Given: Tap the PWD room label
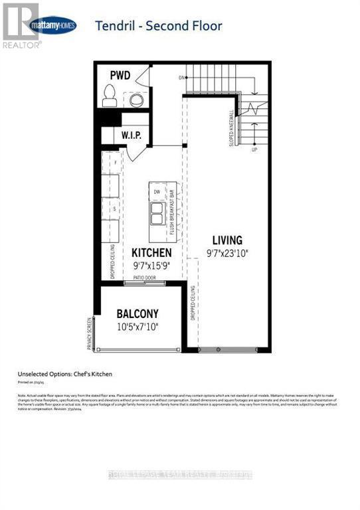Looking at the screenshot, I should (120, 76).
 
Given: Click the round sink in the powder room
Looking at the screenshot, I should (137, 100).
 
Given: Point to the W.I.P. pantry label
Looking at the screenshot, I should (132, 135).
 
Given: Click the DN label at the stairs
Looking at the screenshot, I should (180, 78).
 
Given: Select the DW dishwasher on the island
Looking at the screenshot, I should (157, 192).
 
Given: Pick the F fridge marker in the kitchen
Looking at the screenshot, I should (116, 162).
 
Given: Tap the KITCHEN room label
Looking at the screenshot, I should (151, 253).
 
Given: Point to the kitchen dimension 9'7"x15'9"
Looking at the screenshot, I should (151, 266).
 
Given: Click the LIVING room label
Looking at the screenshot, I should (227, 240).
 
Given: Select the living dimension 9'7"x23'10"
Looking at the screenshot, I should (227, 252).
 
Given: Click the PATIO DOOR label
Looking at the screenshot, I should (143, 278).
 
